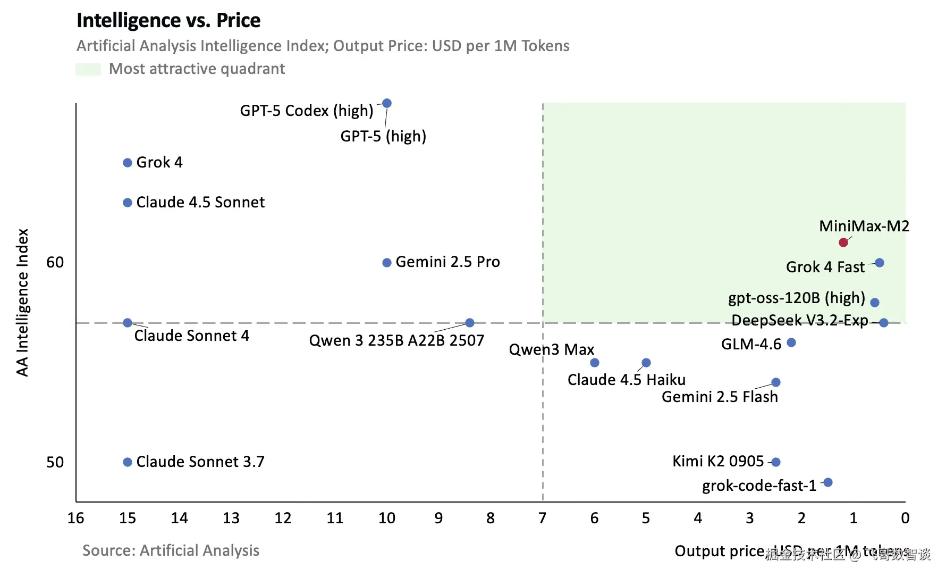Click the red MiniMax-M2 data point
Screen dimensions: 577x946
pos(843,242)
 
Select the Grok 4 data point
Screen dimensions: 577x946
pos(128,163)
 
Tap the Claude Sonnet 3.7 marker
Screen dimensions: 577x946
pos(128,462)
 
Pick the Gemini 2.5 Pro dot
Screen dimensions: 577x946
pos(387,263)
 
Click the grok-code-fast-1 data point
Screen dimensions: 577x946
pos(827,482)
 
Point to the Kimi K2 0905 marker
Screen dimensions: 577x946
pos(776,462)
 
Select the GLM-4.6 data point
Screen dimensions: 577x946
pos(791,342)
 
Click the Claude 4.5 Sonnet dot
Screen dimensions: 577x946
pos(128,203)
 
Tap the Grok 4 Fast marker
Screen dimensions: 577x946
pos(880,263)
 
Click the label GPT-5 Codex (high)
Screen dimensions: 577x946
pos(307,111)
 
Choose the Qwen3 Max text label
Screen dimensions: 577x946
pos(552,349)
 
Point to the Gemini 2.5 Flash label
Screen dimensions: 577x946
pos(720,397)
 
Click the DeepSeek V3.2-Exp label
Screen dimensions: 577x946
pos(799,320)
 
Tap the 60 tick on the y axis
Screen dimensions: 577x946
pos(55,262)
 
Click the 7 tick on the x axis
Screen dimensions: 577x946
pos(542,518)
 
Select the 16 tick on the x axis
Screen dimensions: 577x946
pos(76,518)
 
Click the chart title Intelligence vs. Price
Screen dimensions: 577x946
pos(168,21)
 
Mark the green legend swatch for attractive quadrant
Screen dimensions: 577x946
pos(88,69)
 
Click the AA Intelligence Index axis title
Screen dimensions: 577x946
pos(22,303)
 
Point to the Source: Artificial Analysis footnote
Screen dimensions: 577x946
pos(171,550)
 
